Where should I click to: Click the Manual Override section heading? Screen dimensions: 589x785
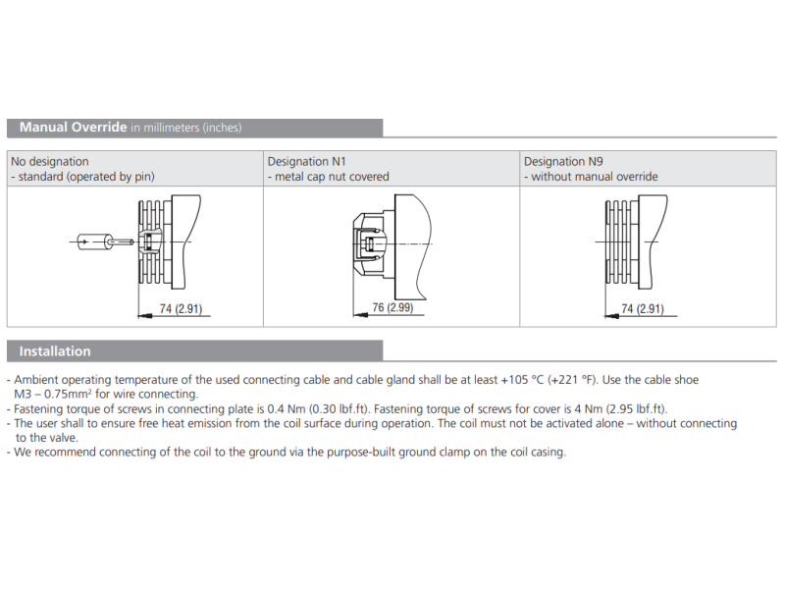73,128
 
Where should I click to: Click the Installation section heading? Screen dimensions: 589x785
55,351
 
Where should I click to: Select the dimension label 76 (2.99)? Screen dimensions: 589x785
393,308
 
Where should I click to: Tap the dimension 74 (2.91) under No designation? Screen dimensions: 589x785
180,309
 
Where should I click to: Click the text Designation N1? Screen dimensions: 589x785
307,161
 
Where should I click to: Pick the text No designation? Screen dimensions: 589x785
50,161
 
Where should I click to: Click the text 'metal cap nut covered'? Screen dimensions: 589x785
333,177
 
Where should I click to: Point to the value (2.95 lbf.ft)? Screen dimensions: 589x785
629,408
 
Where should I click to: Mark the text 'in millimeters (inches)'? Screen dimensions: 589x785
186,128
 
